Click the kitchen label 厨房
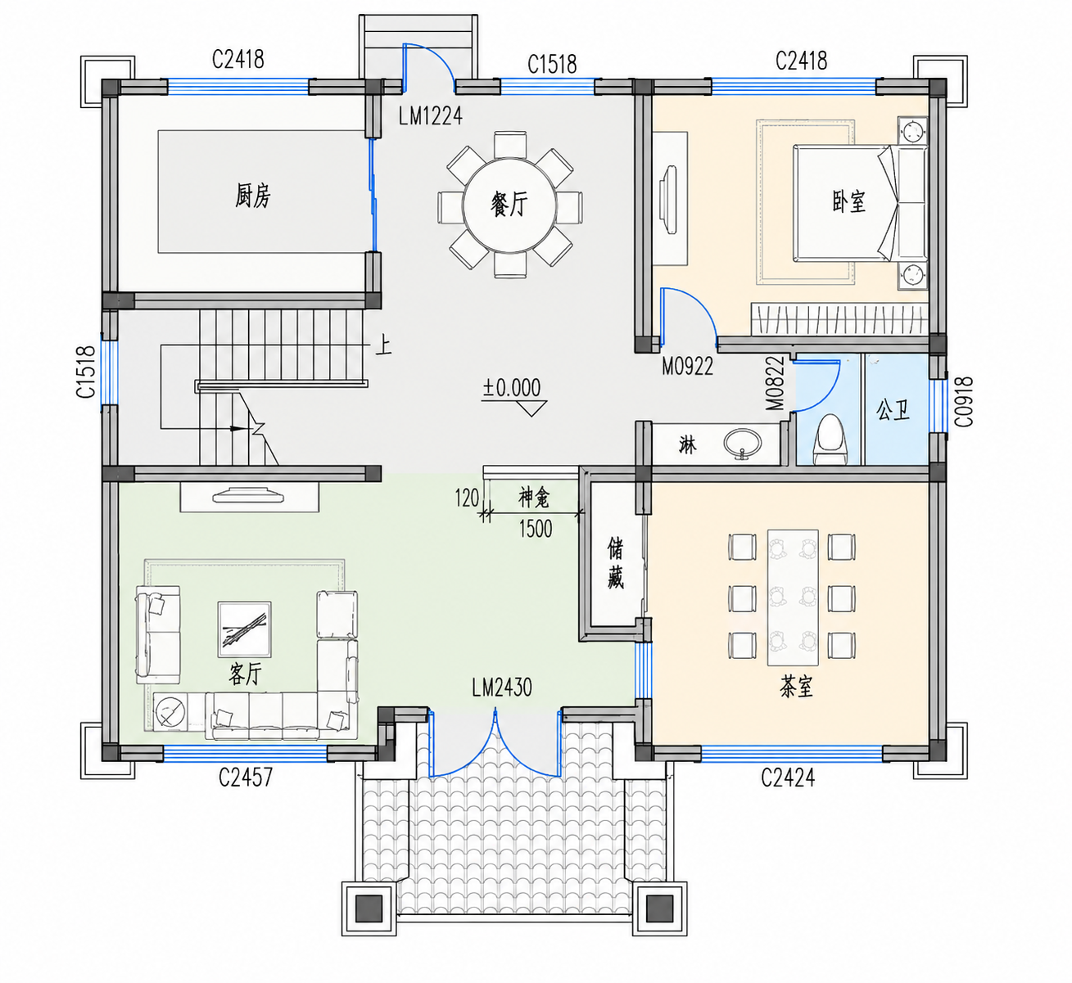tap(253, 196)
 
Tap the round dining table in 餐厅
tap(510, 205)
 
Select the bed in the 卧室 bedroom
tap(860, 204)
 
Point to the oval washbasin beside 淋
tap(742, 442)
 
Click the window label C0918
tap(964, 402)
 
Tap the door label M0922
tap(687, 367)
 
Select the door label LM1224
tap(430, 116)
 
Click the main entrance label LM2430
tap(502, 688)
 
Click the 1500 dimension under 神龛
tap(536, 529)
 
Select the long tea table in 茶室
tap(793, 597)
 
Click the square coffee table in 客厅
tap(244, 629)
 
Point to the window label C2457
tap(246, 778)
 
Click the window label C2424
tap(788, 778)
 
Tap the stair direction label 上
tap(383, 345)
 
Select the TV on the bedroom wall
tap(668, 200)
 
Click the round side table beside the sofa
tap(170, 711)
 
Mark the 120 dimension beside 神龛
tap(467, 498)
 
